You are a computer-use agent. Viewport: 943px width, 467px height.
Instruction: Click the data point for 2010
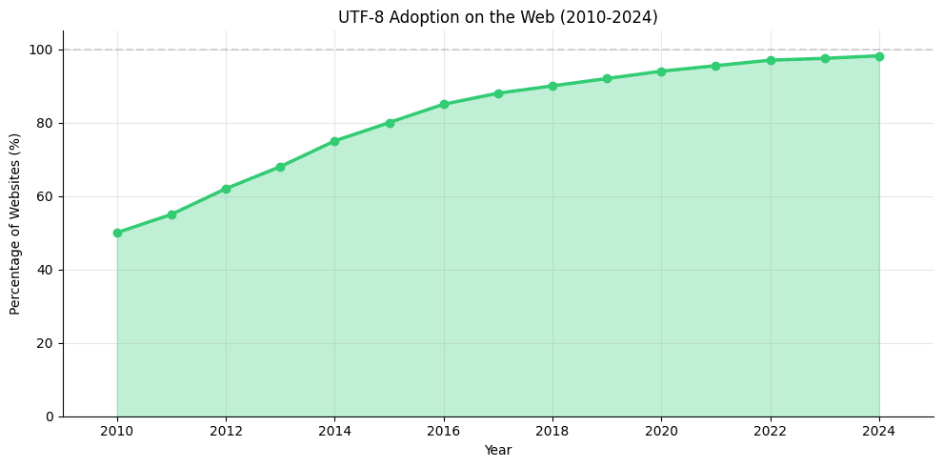click(117, 233)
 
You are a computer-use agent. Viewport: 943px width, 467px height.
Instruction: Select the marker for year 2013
click(280, 167)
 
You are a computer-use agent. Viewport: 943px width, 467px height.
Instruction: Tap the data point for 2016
click(444, 104)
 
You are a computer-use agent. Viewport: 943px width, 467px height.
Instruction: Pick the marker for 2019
click(607, 78)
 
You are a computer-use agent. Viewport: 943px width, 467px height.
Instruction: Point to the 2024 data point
click(879, 56)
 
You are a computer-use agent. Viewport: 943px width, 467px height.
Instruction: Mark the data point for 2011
click(171, 214)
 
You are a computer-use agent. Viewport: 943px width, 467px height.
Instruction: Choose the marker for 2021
click(715, 66)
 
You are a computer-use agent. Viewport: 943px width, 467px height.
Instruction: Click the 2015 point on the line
click(390, 123)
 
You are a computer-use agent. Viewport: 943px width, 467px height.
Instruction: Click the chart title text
click(497, 17)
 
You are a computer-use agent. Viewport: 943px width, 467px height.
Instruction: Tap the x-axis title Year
click(497, 450)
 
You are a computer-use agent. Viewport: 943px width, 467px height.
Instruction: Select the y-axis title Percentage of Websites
click(15, 224)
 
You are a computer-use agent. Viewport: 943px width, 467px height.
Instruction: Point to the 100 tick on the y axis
click(42, 50)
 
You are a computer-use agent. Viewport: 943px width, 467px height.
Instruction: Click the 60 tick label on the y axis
click(46, 196)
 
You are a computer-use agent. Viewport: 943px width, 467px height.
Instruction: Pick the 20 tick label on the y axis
click(46, 343)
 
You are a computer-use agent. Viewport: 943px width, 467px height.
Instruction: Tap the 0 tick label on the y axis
click(50, 416)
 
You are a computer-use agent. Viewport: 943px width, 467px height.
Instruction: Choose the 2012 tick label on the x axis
click(226, 431)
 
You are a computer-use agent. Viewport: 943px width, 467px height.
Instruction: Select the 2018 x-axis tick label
click(552, 431)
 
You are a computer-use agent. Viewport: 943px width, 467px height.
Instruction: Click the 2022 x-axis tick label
click(770, 431)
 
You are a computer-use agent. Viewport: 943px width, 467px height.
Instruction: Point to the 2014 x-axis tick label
click(334, 431)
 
